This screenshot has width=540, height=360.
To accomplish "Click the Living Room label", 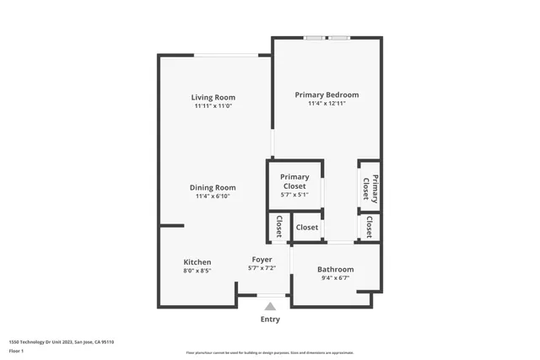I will tap(213, 97).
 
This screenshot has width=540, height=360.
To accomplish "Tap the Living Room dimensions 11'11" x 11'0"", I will tap(213, 106).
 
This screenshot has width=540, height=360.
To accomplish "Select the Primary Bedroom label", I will tap(327, 94).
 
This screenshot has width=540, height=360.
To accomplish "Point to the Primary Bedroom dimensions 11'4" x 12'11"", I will tap(327, 104).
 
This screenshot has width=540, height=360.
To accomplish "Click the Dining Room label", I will tap(213, 187).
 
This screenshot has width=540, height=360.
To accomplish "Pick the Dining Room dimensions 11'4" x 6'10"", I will tap(213, 196).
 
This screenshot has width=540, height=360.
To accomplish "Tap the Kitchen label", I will tap(197, 262).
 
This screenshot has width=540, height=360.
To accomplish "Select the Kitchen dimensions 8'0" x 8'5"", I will tap(197, 271).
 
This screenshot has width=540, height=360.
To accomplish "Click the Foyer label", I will tap(262, 259).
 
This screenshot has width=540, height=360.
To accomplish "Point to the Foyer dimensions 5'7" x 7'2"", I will tap(262, 268).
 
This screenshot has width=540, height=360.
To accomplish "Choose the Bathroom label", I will tap(335, 269).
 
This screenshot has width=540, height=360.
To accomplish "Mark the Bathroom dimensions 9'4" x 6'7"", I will tap(335, 278).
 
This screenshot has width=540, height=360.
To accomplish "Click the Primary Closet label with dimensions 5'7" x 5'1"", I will tap(294, 181).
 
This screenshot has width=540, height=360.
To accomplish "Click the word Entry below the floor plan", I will tap(270, 320).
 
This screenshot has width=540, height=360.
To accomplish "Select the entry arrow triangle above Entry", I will tap(270, 306).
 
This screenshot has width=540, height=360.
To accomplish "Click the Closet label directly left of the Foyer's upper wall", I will tap(278, 227).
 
